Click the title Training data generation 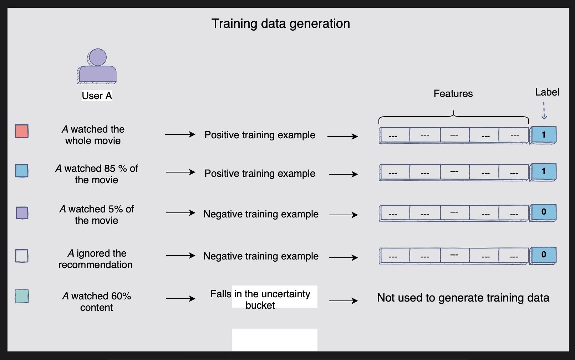(x=281, y=24)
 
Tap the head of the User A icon (x=97, y=57)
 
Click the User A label (x=97, y=96)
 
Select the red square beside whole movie (x=22, y=131)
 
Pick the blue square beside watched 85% (x=22, y=171)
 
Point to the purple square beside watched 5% (x=22, y=213)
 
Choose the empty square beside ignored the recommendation (x=22, y=256)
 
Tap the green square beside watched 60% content (x=22, y=296)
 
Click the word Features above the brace (x=453, y=93)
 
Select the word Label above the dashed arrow (x=547, y=92)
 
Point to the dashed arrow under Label (x=544, y=111)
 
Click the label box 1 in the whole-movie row (x=543, y=135)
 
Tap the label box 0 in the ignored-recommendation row (x=543, y=255)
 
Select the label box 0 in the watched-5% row (x=543, y=212)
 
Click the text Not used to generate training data (x=463, y=298)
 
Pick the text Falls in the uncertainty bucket (x=260, y=299)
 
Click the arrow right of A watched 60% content (x=180, y=299)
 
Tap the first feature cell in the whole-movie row (x=394, y=135)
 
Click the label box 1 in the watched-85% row (x=543, y=171)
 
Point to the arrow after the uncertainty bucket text (x=343, y=301)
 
